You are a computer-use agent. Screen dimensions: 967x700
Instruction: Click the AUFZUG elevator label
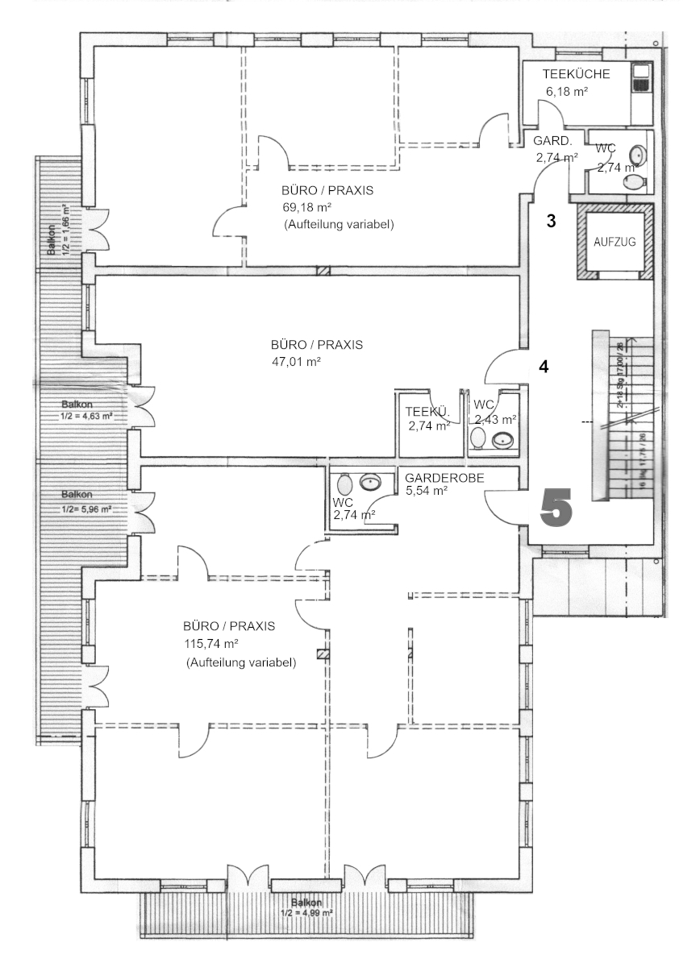615,242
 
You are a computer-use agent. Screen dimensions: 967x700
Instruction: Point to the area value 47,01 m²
297,362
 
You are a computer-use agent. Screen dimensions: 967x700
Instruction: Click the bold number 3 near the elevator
551,222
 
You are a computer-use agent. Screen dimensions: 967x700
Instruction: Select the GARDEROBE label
444,477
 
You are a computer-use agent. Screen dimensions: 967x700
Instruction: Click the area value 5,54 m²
426,490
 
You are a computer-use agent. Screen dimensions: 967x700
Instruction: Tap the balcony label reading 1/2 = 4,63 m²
85,417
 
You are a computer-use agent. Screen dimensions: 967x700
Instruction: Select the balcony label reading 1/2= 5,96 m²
85,509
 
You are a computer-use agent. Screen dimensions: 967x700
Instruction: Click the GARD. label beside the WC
552,141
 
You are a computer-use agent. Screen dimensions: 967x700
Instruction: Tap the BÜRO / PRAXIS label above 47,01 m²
316,345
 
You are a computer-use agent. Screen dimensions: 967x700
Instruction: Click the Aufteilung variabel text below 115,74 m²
240,662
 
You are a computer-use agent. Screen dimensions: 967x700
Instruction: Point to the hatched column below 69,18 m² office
323,271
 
